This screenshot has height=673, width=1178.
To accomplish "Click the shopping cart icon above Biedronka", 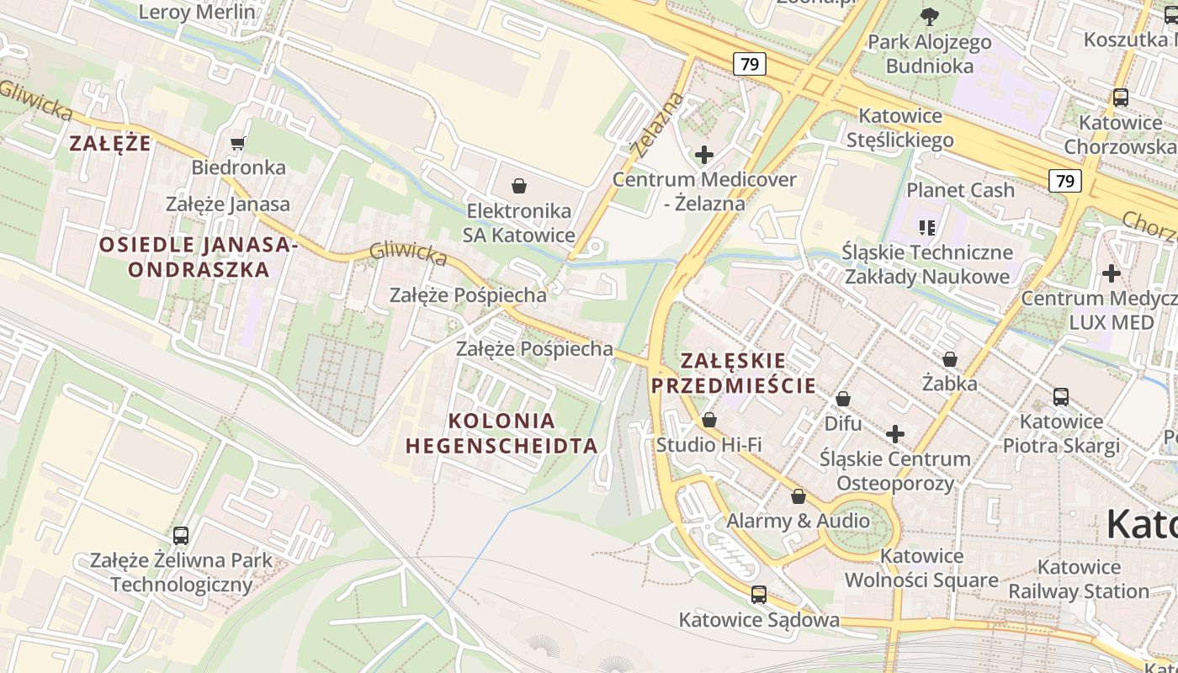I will (237, 143).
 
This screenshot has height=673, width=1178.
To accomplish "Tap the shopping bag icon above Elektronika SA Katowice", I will (519, 186).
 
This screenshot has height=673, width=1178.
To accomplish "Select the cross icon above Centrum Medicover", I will (703, 155).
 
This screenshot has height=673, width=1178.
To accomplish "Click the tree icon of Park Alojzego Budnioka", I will (929, 16).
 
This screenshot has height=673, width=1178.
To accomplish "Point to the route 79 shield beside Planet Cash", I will (1064, 181).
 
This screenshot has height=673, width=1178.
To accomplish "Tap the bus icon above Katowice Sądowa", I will (758, 595).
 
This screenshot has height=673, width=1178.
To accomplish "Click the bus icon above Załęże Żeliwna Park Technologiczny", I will (180, 535).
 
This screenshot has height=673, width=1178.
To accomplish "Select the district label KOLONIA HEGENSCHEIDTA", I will (501, 433).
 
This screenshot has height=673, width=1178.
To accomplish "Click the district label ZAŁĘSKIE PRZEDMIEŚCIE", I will (734, 374).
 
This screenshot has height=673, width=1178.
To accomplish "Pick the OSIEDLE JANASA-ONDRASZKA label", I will (198, 257).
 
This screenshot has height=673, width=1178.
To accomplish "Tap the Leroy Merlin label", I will (196, 12).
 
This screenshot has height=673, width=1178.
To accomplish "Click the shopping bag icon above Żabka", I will (949, 360).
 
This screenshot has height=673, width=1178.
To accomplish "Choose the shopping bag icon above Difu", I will (842, 399).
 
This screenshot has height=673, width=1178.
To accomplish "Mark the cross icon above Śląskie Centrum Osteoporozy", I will (895, 434).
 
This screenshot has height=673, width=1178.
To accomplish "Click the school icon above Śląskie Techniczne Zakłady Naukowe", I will (927, 227).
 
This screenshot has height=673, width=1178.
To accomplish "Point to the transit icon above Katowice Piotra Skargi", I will (1060, 396).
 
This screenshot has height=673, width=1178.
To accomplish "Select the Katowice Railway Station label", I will (1079, 579).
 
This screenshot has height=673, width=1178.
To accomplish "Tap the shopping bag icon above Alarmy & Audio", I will (798, 496).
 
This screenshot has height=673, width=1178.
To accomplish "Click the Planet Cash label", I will (960, 190).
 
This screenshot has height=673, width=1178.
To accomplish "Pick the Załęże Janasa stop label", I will (227, 204).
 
